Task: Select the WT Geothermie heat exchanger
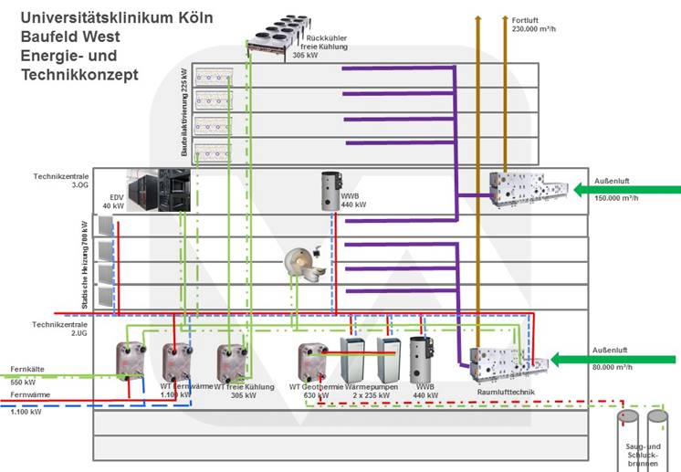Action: click(x=312, y=362)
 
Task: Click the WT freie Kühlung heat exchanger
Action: click(x=231, y=363)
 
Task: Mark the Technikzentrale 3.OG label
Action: click(x=59, y=180)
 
